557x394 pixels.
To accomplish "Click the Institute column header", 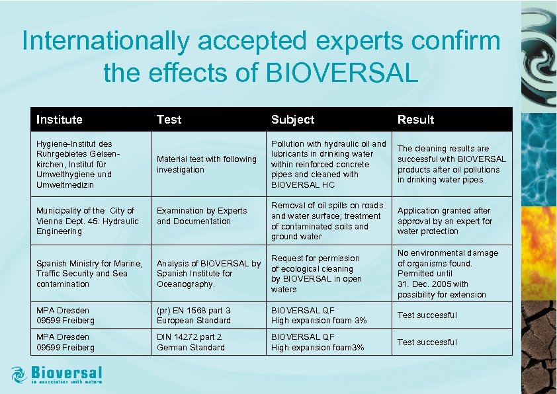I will point(60,120).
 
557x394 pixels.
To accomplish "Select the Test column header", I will point(169,120).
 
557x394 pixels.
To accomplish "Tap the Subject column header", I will point(292,120).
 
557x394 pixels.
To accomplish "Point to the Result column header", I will point(415,120).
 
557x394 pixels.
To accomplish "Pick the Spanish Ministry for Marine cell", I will point(89,274).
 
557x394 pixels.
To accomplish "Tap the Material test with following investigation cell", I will point(206,164).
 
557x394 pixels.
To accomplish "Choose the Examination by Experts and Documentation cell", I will point(202,216).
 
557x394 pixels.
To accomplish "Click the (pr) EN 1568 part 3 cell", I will point(194,315).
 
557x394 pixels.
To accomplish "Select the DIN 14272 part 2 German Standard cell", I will point(191,342).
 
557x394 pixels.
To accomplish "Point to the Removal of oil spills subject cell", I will point(327,221).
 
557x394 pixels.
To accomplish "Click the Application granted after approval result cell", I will point(445,221).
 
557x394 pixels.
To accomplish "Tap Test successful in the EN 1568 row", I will point(427,315).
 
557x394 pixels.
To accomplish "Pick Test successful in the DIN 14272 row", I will point(427,342).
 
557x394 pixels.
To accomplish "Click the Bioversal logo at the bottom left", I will point(57,375).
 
